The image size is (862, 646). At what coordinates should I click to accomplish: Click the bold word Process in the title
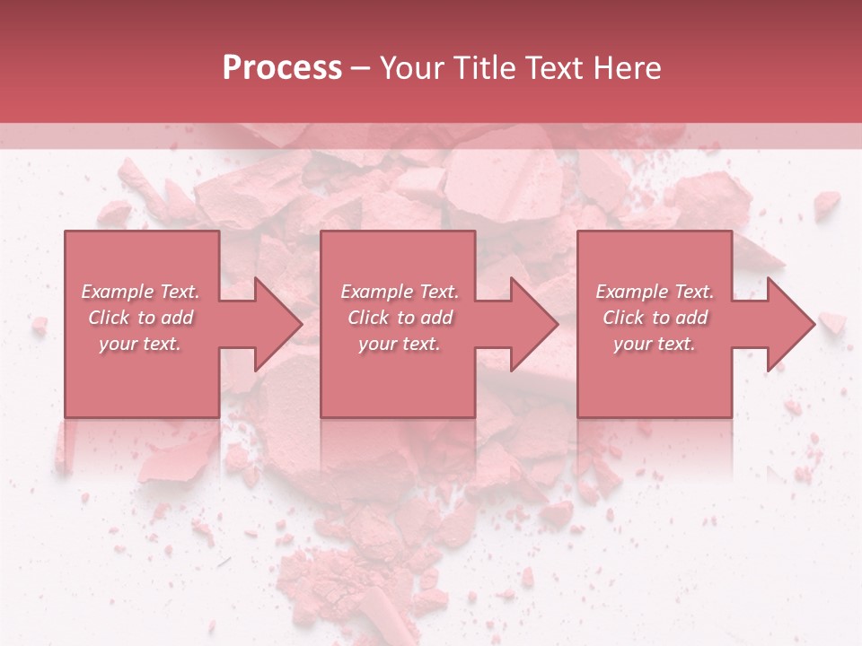pyautogui.click(x=282, y=68)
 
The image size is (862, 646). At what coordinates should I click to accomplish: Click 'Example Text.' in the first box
pyautogui.click(x=140, y=292)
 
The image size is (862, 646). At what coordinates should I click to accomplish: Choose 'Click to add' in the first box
pyautogui.click(x=140, y=318)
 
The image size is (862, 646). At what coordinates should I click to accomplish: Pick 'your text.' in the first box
pyautogui.click(x=140, y=344)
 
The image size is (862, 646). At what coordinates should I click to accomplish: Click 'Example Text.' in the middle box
pyautogui.click(x=400, y=292)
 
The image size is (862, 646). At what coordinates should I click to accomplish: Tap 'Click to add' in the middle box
pyautogui.click(x=400, y=318)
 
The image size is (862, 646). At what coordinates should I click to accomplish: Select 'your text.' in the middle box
pyautogui.click(x=400, y=344)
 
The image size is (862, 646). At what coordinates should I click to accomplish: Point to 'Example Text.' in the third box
pyautogui.click(x=655, y=292)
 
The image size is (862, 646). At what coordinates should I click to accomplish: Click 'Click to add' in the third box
pyautogui.click(x=655, y=318)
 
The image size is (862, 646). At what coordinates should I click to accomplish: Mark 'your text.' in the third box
pyautogui.click(x=655, y=344)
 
